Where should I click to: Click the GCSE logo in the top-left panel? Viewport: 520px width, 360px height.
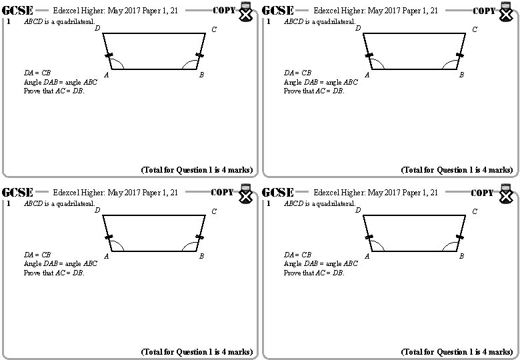point(18,10)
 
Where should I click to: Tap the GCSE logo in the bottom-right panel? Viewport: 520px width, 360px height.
point(279,192)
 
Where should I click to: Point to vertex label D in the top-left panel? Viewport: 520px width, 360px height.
point(97,28)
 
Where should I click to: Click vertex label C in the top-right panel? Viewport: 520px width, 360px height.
point(475,29)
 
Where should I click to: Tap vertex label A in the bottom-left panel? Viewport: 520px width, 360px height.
point(107,257)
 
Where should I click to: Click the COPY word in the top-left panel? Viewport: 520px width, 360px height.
point(223,10)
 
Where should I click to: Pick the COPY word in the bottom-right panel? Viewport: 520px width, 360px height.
point(483,192)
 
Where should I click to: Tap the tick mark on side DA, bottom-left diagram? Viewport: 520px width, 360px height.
point(108,237)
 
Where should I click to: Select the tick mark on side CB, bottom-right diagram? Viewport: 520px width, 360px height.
point(459,237)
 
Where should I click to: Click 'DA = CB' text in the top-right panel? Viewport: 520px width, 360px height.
point(297,73)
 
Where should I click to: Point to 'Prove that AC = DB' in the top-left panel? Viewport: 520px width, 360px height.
point(54,91)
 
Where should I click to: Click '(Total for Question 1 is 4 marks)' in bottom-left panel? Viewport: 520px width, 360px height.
point(197,351)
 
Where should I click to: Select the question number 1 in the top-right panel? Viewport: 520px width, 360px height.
point(267,21)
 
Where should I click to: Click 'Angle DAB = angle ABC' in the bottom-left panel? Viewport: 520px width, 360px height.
point(61,263)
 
